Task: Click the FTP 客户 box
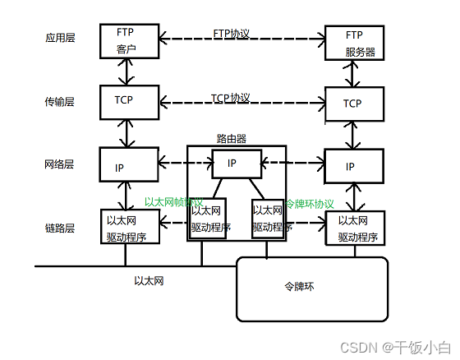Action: click(x=126, y=41)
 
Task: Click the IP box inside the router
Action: click(x=237, y=164)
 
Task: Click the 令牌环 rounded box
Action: click(x=312, y=288)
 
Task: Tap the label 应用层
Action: click(x=60, y=38)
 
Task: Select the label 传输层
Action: click(x=60, y=102)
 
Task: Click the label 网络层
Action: click(x=60, y=164)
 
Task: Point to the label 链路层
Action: click(x=60, y=228)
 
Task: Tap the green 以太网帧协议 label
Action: click(x=173, y=201)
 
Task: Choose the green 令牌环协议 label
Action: click(x=310, y=203)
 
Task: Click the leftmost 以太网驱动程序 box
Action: click(x=126, y=228)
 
